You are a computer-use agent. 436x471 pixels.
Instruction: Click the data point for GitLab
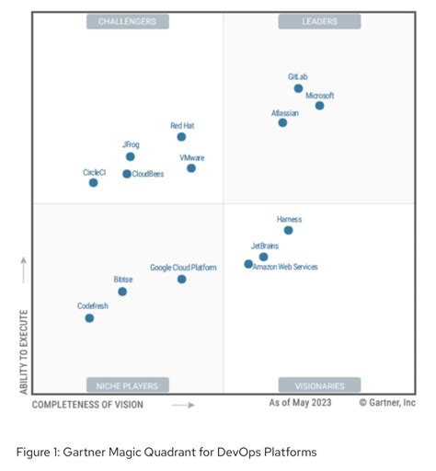[x=298, y=88]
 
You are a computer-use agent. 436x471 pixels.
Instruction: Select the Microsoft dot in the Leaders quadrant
[x=319, y=106]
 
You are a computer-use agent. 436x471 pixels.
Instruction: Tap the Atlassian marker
[x=282, y=122]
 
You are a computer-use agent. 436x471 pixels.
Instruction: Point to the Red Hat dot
[x=181, y=137]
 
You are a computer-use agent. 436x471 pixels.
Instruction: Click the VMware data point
[x=191, y=168]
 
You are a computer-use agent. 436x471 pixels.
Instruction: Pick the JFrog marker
[x=130, y=156]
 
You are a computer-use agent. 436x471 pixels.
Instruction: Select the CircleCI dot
[x=93, y=183]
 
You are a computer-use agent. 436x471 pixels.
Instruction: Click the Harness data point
[x=288, y=230]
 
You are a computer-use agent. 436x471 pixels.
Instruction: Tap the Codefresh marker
[x=89, y=318]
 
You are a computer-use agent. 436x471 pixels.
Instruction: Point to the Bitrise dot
[x=122, y=292]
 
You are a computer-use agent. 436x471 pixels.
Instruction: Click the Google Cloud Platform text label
[x=183, y=268]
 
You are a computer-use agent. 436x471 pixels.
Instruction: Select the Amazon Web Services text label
[x=285, y=267]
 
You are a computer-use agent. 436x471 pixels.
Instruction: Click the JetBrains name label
[x=265, y=246]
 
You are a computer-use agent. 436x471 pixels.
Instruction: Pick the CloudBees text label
[x=147, y=174]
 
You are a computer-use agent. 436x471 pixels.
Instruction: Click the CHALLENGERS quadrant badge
[x=127, y=21]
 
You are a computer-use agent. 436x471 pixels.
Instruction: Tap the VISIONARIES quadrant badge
[x=319, y=385]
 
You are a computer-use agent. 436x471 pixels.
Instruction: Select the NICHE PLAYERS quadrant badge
[x=127, y=385]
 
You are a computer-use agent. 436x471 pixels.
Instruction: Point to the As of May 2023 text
[x=300, y=403]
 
